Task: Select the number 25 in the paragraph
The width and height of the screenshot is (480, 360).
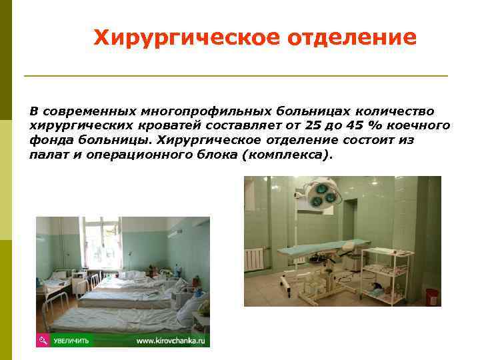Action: pyautogui.click(x=311, y=125)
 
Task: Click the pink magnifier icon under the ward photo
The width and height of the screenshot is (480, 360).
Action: pyautogui.click(x=43, y=340)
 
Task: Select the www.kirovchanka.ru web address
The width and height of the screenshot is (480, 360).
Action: pyautogui.click(x=172, y=341)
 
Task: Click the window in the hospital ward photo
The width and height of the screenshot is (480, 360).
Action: pyautogui.click(x=99, y=243)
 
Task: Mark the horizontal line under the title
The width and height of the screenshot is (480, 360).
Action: pyautogui.click(x=235, y=76)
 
